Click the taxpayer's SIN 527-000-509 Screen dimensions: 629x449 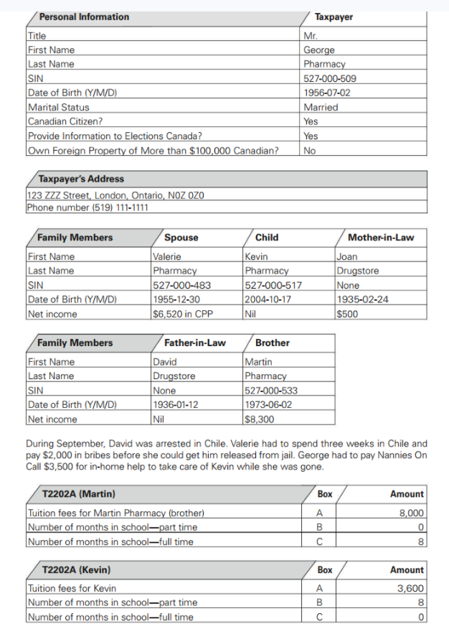coord(329,78)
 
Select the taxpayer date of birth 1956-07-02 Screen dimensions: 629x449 coord(327,93)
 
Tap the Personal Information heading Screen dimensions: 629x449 coord(84,17)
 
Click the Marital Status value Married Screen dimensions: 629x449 coord(321,107)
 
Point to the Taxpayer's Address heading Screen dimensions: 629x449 coord(81,179)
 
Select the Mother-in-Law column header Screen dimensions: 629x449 coord(380,238)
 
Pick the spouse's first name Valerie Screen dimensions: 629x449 coord(167,256)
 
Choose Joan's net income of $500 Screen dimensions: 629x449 coord(347,314)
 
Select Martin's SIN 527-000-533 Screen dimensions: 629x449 coord(271,391)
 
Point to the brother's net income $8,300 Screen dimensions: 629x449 coord(259,419)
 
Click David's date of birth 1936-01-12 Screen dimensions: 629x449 coord(176,405)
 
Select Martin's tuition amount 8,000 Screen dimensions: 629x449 coord(411,513)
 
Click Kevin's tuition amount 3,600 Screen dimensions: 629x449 coord(411,589)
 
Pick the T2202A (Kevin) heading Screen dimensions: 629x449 coord(77,570)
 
